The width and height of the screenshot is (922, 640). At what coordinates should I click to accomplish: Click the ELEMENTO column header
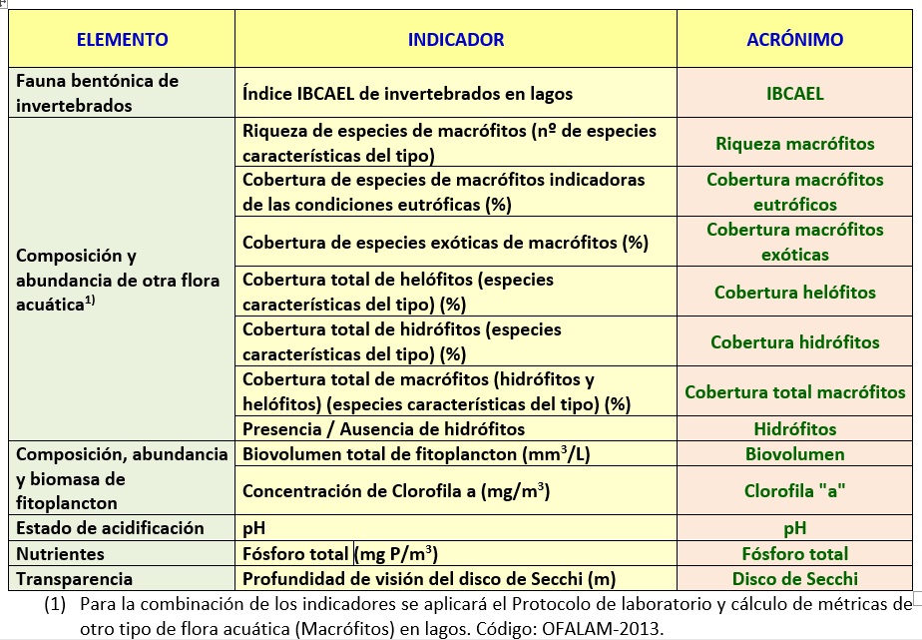click(122, 40)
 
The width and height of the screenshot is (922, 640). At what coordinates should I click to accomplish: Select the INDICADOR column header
click(456, 40)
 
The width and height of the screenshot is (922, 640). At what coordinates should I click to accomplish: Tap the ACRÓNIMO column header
click(794, 40)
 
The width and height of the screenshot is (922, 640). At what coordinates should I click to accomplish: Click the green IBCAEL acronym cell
click(794, 95)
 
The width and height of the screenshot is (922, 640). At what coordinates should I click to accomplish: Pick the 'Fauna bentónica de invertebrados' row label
click(97, 93)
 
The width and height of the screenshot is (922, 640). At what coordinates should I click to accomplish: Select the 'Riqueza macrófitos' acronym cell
click(794, 144)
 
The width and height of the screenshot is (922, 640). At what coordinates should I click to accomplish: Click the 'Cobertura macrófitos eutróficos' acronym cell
click(794, 192)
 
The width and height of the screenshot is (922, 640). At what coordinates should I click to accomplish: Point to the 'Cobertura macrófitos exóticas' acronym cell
click(794, 242)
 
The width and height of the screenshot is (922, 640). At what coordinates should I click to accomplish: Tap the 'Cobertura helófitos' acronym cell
click(794, 293)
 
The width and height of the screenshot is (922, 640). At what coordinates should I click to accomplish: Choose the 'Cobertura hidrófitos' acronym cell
click(794, 342)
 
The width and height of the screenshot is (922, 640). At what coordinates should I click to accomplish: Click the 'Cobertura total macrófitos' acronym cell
click(794, 392)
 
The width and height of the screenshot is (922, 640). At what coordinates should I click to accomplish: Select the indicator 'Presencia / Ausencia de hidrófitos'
click(383, 429)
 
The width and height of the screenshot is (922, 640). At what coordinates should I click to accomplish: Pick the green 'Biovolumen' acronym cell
click(794, 454)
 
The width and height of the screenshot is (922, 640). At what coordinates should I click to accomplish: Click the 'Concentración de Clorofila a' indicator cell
click(396, 491)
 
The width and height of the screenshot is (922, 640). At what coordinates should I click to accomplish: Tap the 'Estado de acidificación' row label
click(110, 528)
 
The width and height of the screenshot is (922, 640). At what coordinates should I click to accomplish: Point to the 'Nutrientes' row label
click(60, 553)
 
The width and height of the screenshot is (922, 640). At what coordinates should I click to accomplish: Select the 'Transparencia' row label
click(74, 578)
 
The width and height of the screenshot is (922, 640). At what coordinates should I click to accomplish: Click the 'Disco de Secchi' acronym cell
click(794, 578)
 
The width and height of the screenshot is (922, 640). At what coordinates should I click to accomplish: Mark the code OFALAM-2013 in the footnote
click(605, 629)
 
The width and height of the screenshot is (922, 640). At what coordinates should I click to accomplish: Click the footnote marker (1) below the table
click(56, 604)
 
